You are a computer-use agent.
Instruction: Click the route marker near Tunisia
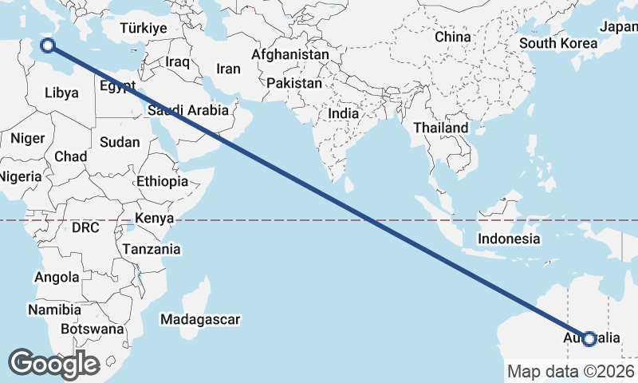pos(47,45)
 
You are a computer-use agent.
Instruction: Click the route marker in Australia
pos(589,339)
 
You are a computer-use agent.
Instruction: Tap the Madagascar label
pos(200,319)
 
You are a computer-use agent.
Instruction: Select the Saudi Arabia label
pos(188,111)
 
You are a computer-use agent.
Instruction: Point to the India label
pos(344,114)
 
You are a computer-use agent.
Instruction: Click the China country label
pos(453,37)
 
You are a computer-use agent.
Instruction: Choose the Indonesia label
pos(509,239)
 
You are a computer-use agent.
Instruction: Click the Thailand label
pos(441,128)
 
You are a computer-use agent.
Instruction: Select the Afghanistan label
pos(289,55)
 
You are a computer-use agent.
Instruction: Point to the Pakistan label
pos(294,83)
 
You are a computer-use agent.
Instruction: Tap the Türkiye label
pos(144,28)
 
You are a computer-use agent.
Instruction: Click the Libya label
pos(61,93)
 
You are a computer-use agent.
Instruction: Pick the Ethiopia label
pos(162,181)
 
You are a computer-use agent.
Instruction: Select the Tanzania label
pos(152,249)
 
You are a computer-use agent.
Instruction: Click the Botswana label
pos(93,329)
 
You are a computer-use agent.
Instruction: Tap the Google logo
pos(53,364)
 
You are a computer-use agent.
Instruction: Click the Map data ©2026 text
pos(571,371)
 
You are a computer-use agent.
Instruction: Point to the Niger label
pos(27,139)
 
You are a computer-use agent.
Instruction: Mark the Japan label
pos(619,26)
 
